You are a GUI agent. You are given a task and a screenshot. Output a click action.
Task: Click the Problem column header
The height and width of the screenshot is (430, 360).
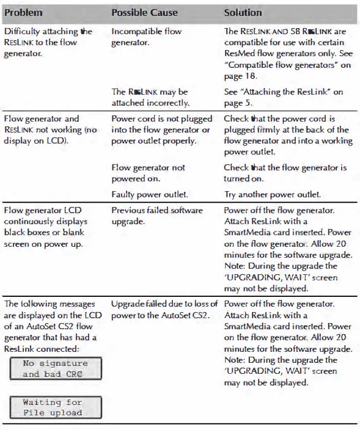click(x=23, y=13)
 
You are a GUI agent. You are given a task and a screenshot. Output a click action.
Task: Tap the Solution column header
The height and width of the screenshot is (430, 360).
click(x=243, y=13)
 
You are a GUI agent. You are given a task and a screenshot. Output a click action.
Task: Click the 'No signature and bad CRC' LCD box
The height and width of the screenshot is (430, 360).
click(x=56, y=368)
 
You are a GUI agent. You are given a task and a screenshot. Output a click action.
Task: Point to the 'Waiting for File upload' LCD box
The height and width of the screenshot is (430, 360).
click(x=52, y=407)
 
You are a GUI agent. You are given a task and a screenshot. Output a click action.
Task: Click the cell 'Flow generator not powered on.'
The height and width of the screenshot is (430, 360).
click(x=148, y=173)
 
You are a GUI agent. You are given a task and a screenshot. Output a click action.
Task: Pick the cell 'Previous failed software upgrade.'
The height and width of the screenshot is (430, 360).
click(x=156, y=216)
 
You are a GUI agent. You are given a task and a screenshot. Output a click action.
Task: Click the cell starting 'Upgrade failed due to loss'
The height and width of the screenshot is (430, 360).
click(x=164, y=310)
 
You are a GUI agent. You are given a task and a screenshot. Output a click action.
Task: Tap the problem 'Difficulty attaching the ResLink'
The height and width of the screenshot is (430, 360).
click(x=48, y=43)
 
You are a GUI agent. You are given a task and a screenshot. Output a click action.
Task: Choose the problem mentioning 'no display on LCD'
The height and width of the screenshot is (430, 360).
click(x=50, y=130)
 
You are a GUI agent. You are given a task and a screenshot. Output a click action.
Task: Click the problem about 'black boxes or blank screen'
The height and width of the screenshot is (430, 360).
click(x=46, y=227)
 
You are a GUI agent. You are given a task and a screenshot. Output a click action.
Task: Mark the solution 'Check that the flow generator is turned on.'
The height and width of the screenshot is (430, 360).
click(x=284, y=173)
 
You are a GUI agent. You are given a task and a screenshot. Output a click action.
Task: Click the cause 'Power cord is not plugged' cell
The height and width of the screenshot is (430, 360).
click(x=162, y=130)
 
